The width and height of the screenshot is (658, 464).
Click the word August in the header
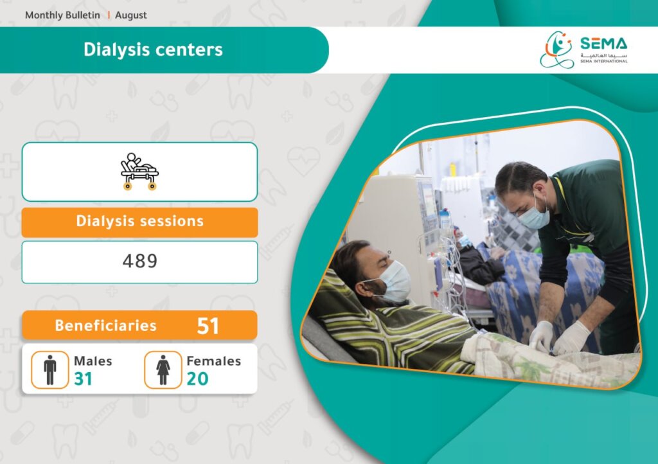click(131, 15)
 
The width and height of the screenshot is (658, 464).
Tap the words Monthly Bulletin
click(62, 15)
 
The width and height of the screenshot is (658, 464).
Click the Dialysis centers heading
click(153, 49)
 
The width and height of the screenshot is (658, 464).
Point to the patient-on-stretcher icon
click(139, 171)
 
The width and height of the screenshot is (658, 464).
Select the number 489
click(139, 261)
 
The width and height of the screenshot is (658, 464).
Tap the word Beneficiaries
click(106, 326)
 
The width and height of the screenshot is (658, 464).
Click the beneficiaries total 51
click(208, 326)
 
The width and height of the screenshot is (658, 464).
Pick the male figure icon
click(50, 370)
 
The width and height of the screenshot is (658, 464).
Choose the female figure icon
click(163, 370)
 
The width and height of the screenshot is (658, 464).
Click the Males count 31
click(83, 379)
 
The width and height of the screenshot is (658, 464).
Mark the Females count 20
click(197, 379)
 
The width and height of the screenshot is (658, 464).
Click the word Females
click(213, 361)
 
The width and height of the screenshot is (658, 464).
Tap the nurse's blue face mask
click(534, 215)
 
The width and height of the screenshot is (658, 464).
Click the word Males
click(93, 361)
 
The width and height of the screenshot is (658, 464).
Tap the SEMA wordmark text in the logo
click(603, 43)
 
